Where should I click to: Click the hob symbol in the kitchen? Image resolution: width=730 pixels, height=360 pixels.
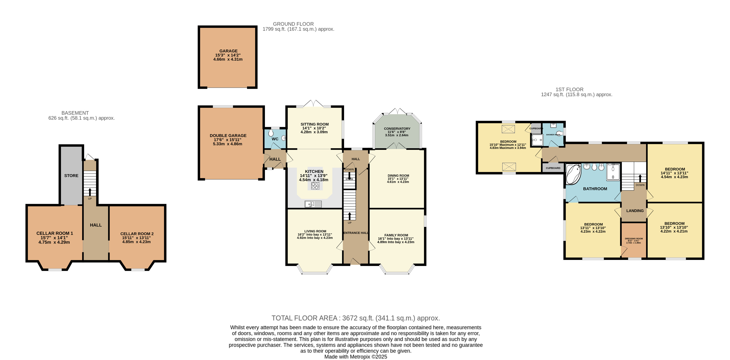pyautogui.click(x=315, y=186)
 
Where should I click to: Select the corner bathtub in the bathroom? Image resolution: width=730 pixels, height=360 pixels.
pyautogui.click(x=573, y=174)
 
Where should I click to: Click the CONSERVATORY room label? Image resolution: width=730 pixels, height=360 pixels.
pyautogui.click(x=397, y=129)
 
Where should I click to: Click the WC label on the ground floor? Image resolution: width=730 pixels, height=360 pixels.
pyautogui.click(x=275, y=139)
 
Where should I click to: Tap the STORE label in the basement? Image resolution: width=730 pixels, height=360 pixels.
pyautogui.click(x=71, y=176)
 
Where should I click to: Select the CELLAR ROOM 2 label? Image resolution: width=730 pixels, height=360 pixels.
pyautogui.click(x=137, y=234)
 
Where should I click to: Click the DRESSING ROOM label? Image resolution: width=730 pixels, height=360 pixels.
pyautogui.click(x=634, y=239)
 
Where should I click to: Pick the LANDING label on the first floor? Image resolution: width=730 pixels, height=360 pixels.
pyautogui.click(x=635, y=211)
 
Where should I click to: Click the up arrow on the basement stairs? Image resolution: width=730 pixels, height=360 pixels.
pyautogui.click(x=90, y=192)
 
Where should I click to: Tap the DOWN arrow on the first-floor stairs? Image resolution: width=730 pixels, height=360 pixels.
pyautogui.click(x=640, y=178)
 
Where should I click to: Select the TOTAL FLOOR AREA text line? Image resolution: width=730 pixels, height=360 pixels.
pyautogui.click(x=355, y=318)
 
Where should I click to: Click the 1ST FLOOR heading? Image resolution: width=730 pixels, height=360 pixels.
pyautogui.click(x=569, y=90)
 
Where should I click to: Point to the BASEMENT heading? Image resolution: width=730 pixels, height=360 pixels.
pyautogui.click(x=75, y=113)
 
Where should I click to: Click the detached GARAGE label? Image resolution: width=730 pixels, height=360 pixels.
pyautogui.click(x=228, y=51)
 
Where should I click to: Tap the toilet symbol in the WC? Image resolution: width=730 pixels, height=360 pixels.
pyautogui.click(x=271, y=133)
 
